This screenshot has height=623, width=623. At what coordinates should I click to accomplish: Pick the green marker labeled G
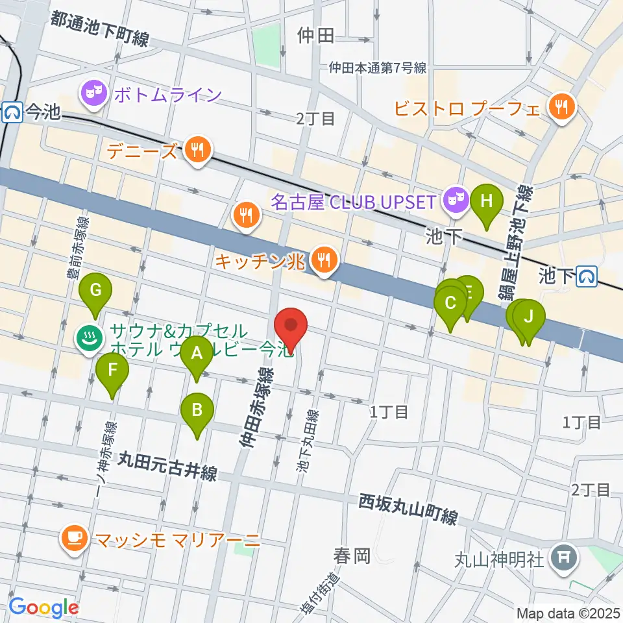coord(95,289)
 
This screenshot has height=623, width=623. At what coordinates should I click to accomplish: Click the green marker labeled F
coord(112,371)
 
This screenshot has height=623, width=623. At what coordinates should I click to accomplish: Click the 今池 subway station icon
coord(11,112)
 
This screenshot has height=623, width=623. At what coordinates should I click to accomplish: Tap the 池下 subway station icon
coord(588,276)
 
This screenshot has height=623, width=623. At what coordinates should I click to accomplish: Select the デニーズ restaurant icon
coord(195,151)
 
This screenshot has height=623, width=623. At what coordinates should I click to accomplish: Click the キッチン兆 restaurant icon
coord(323,261)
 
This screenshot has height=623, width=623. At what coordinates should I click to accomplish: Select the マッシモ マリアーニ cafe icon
coord(73,538)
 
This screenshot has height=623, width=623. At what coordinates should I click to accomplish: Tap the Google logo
coord(44,608)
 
